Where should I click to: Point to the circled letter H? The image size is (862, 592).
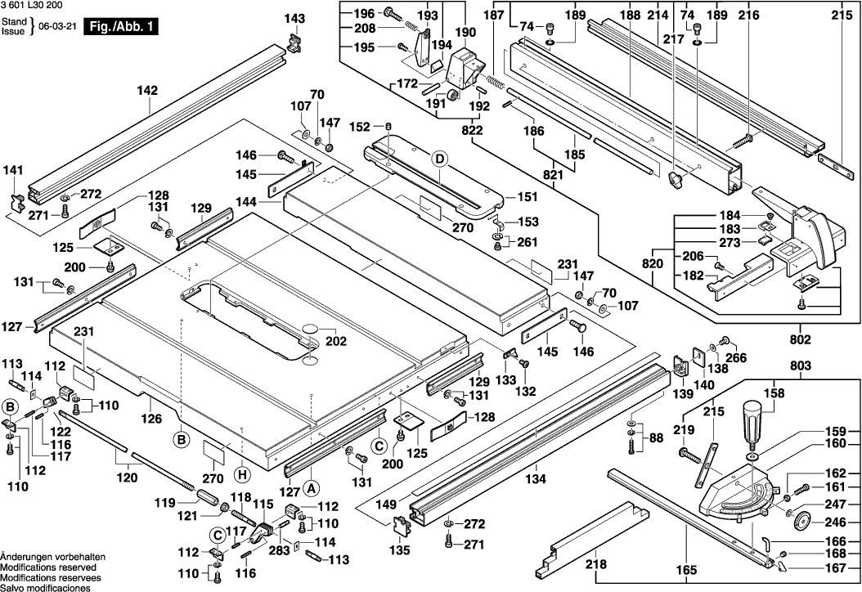[x=242, y=473]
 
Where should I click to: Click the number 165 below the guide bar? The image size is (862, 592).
[x=685, y=569]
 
